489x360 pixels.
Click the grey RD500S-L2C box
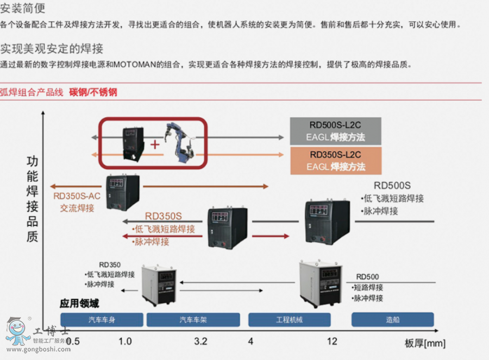tap(335, 131)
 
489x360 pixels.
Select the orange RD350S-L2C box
tap(335, 161)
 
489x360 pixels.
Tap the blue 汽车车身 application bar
tap(102, 320)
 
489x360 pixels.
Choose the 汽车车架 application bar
tap(194, 320)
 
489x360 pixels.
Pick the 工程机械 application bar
tap(289, 320)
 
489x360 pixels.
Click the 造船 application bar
tap(392, 320)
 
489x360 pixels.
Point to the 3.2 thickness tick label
tap(200, 342)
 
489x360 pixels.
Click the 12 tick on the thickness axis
tap(332, 342)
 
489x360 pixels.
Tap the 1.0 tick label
tap(125, 342)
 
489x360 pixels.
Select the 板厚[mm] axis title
tap(425, 343)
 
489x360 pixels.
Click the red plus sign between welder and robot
tap(155, 144)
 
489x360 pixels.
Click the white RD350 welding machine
tap(159, 285)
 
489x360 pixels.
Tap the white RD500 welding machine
tap(321, 283)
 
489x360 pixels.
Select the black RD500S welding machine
tap(327, 221)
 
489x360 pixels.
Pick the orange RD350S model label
tap(163, 216)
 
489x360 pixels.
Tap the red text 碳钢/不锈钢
tap(93, 92)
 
